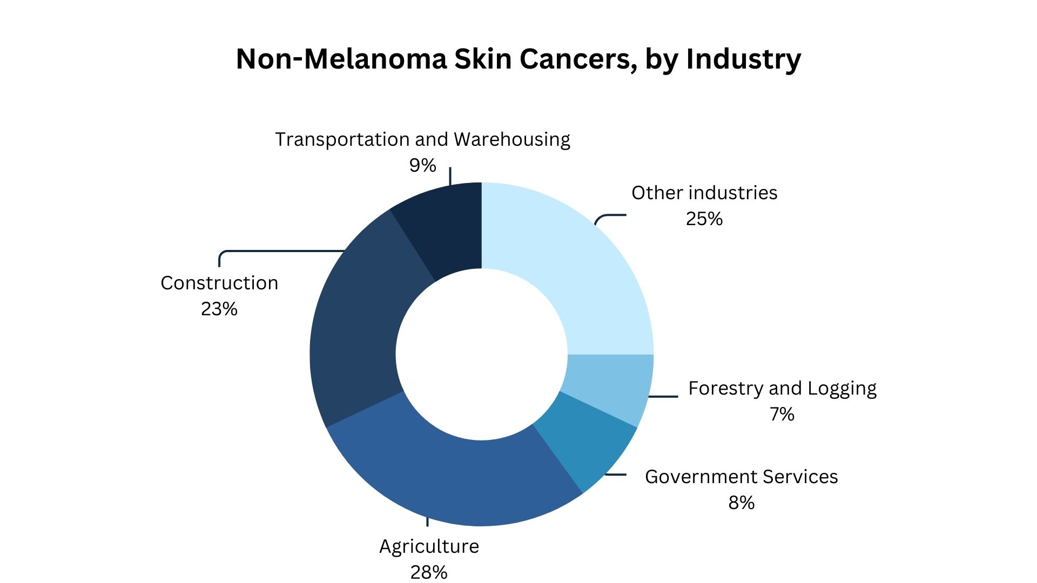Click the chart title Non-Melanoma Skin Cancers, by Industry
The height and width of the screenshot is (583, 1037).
click(518, 58)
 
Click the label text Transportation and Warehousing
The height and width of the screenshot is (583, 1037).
click(422, 139)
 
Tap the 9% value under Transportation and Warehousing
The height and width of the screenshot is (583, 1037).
click(422, 165)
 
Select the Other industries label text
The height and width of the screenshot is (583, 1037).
click(704, 193)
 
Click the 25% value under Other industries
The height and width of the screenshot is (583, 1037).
click(704, 219)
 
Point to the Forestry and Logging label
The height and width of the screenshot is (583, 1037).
click(782, 388)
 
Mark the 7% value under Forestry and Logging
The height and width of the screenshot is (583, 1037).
click(782, 414)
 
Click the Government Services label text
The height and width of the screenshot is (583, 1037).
click(741, 477)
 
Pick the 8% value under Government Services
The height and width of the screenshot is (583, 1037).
click(741, 503)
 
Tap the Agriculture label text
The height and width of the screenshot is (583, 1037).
click(429, 546)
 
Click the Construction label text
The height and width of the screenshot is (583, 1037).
click(219, 283)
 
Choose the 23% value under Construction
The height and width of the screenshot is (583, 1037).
click(219, 309)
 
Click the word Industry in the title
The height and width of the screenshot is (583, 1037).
click(743, 58)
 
